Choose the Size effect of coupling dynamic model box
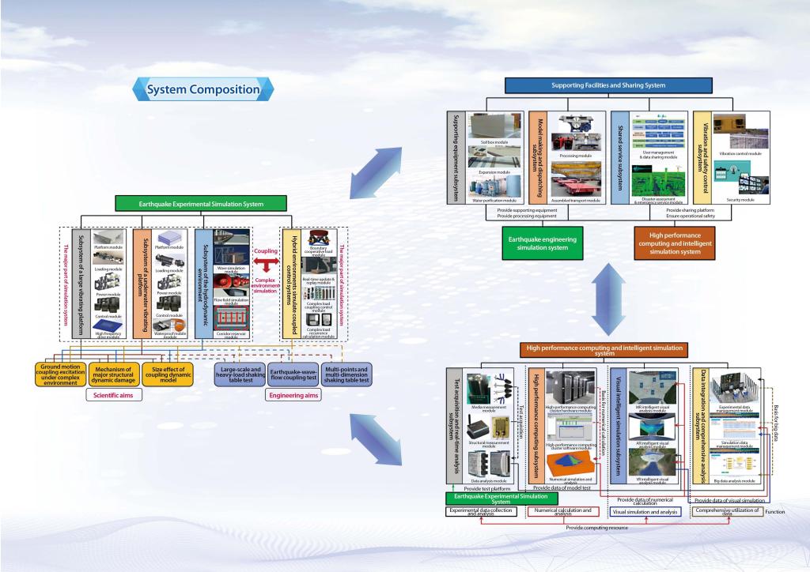[x=170, y=373]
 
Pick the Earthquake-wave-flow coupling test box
[x=294, y=373]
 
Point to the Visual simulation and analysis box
[x=646, y=512]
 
